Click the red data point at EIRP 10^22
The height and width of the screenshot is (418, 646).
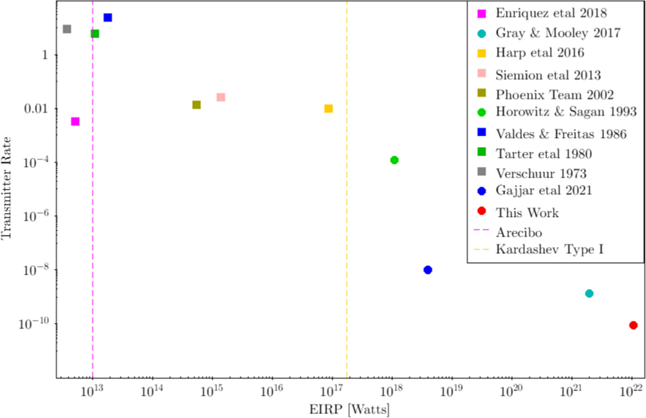(x=633, y=325)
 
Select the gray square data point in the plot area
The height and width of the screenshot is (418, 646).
(x=67, y=29)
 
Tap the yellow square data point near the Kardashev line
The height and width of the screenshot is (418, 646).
(x=328, y=109)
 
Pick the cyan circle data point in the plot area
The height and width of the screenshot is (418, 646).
(x=589, y=293)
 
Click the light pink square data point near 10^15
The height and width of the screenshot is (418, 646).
(x=220, y=97)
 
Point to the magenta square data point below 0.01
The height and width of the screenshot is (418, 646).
(x=75, y=121)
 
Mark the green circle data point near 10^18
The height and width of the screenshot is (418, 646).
(x=394, y=160)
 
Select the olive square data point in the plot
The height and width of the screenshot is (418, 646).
(x=196, y=104)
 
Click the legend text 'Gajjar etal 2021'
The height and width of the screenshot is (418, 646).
(x=544, y=190)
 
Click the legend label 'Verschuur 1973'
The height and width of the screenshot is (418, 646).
(x=542, y=173)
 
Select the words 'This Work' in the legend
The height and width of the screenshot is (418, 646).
(x=527, y=212)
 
